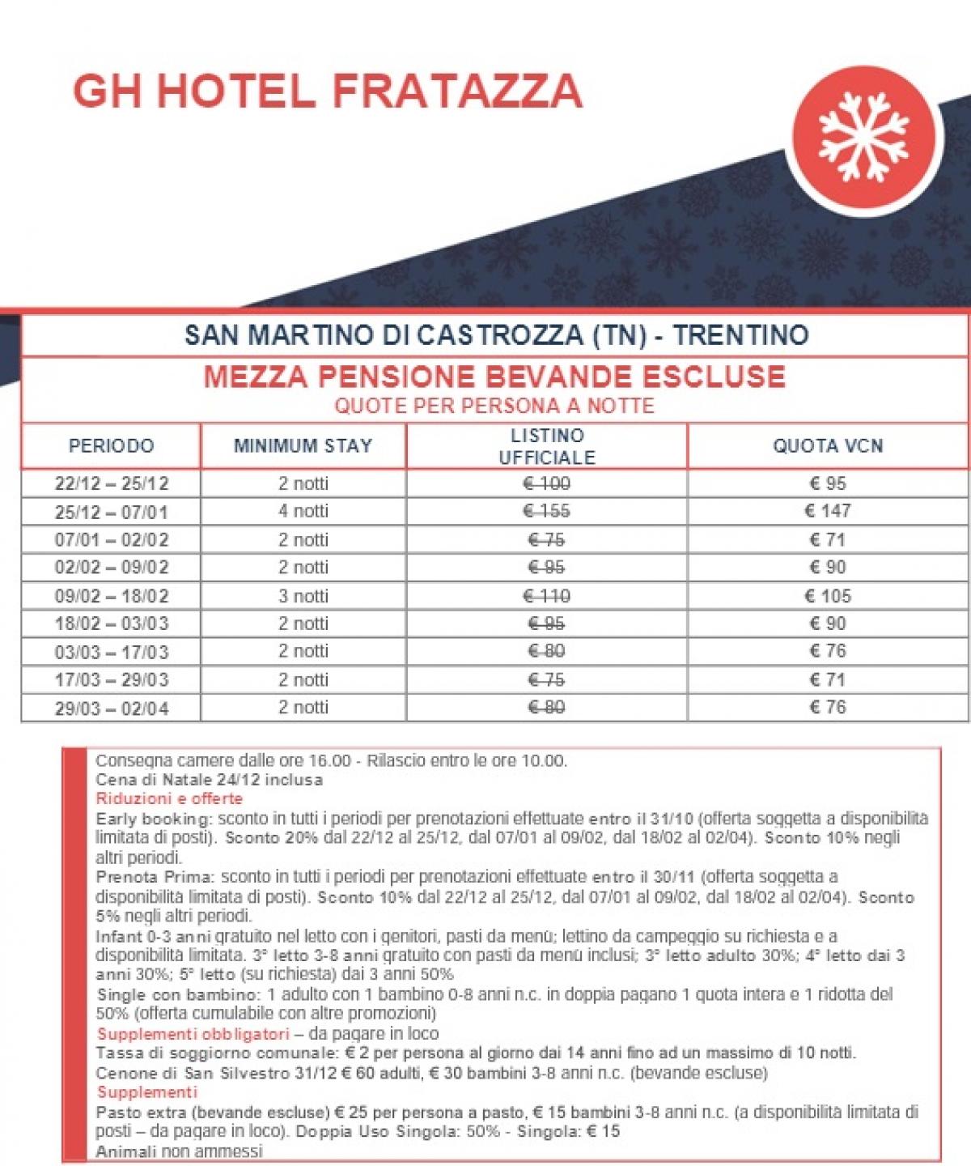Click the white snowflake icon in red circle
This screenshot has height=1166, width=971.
pyautogui.click(x=863, y=136)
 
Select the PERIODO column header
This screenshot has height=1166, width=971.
pyautogui.click(x=111, y=446)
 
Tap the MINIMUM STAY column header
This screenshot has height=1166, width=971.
pyautogui.click(x=303, y=446)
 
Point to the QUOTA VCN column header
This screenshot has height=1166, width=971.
pyautogui.click(x=828, y=446)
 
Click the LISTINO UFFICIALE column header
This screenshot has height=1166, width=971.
pyautogui.click(x=547, y=446)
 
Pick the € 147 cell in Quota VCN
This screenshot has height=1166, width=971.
pyautogui.click(x=828, y=511)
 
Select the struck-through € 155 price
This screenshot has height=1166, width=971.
pyautogui.click(x=547, y=512)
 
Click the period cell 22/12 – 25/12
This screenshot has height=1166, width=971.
pyautogui.click(x=112, y=484)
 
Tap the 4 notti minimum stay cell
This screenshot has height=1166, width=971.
pyautogui.click(x=303, y=512)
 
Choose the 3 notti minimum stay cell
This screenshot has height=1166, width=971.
pyautogui.click(x=303, y=597)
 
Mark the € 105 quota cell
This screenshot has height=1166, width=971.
pyautogui.click(x=828, y=597)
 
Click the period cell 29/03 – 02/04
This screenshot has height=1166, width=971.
pyautogui.click(x=112, y=709)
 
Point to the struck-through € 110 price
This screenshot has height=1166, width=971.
pyautogui.click(x=547, y=597)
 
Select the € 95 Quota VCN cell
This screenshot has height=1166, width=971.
pyautogui.click(x=828, y=484)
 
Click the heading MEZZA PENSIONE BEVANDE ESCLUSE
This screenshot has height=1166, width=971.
pyautogui.click(x=494, y=377)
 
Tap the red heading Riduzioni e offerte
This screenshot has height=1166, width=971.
pyautogui.click(x=169, y=798)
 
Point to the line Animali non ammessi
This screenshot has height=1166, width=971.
pyautogui.click(x=179, y=1151)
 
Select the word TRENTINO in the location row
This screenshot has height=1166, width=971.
pyautogui.click(x=740, y=335)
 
